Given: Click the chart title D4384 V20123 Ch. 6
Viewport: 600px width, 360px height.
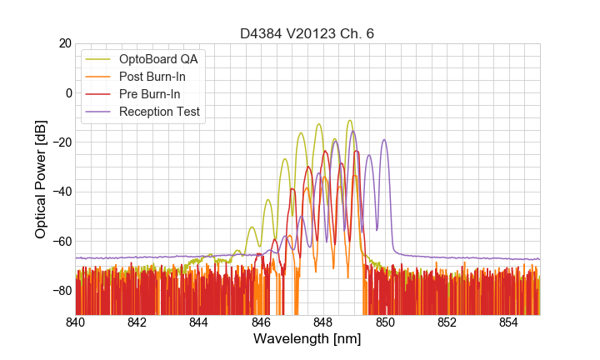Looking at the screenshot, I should [307, 33].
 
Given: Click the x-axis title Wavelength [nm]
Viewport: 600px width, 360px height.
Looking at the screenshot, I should [307, 339].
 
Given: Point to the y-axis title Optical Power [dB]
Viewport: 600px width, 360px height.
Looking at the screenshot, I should [41, 179].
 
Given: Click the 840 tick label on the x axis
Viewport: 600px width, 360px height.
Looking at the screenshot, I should [76, 322].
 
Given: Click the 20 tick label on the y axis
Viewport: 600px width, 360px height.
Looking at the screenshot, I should [64, 43].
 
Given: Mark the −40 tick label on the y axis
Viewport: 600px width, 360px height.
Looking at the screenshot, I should [61, 192].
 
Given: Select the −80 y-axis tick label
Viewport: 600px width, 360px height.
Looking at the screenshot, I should [61, 291].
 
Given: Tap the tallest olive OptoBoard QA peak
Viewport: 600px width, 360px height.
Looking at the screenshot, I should [350, 121].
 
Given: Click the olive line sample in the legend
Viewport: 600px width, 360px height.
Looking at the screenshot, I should [99, 59].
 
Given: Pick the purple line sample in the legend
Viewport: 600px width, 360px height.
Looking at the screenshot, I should [99, 112].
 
